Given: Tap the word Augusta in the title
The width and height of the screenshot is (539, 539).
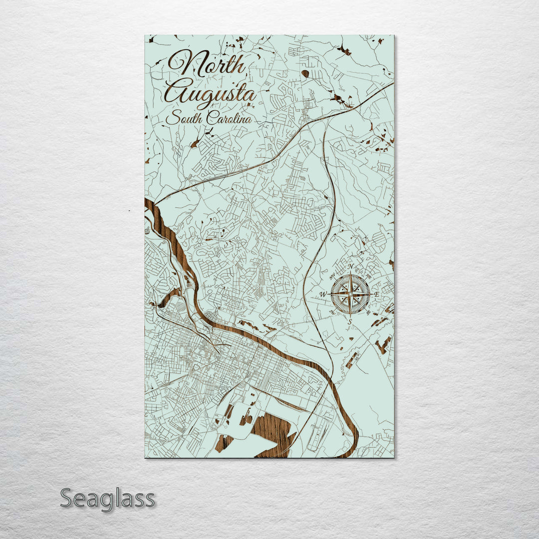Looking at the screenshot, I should point(211,92).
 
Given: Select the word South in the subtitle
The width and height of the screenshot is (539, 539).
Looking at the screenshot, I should point(181,119).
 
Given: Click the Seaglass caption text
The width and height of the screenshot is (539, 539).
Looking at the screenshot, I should point(107,499).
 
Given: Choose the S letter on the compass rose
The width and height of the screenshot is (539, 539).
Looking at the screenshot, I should point(350,320).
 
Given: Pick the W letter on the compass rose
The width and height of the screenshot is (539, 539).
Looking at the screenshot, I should point(323,294).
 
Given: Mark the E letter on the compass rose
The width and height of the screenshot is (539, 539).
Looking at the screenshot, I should point(377,294).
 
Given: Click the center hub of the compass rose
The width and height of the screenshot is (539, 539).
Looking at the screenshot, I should point(350,294).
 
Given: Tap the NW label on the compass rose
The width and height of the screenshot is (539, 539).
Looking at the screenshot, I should point(332,276).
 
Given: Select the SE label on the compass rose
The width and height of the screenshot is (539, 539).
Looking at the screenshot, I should point(368,313).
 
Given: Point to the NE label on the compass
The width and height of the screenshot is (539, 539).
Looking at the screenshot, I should point(368,276).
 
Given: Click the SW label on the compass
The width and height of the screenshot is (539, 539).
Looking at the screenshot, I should point(332,313).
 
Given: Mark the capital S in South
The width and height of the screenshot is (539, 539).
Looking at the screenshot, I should point(171,119).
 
